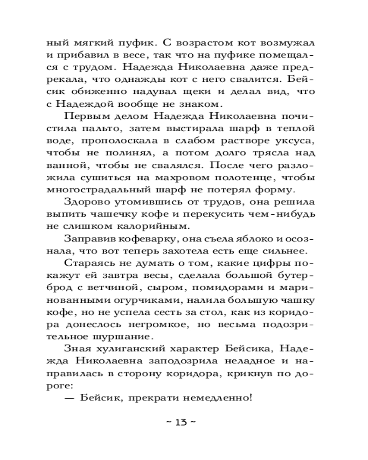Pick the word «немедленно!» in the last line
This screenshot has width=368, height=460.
218,397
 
